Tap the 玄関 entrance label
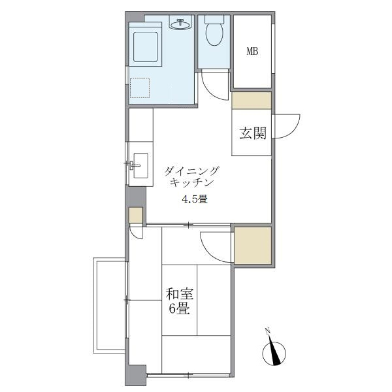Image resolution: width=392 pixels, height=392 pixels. (253, 133)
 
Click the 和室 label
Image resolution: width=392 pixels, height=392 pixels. (179, 294)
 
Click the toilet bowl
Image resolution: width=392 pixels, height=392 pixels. (214, 34)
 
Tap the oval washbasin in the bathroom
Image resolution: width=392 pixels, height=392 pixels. (180, 25)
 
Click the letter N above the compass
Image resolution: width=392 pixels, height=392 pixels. (268, 331)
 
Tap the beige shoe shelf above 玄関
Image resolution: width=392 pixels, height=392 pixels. (252, 100)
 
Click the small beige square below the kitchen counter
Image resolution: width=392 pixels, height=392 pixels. (136, 216)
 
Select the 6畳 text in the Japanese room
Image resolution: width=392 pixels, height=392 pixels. (179, 309)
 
